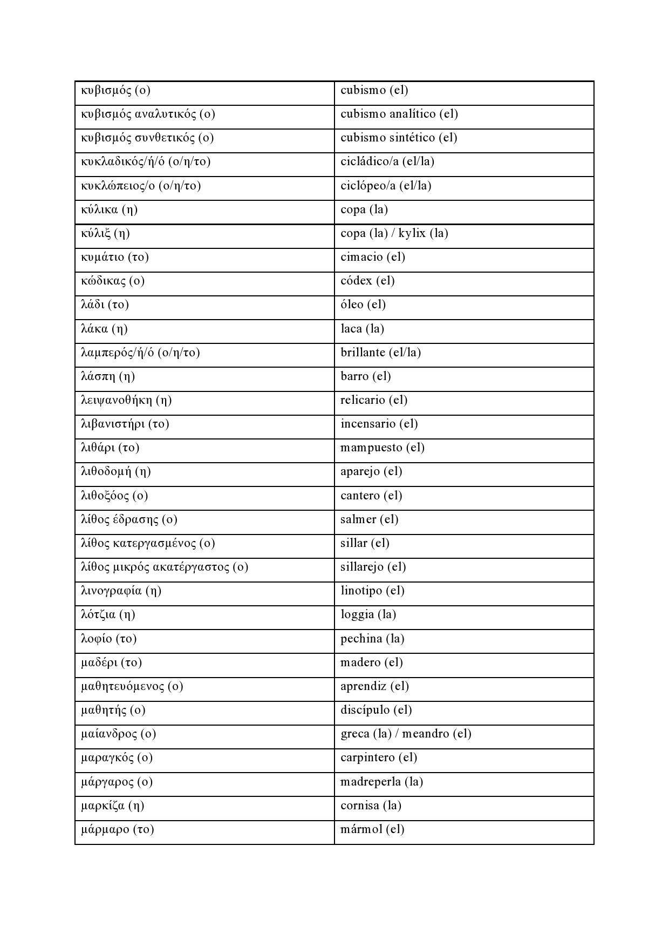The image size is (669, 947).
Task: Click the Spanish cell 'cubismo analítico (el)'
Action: pyautogui.click(x=399, y=114)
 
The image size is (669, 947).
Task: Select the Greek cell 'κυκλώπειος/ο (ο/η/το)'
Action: pyautogui.click(x=141, y=186)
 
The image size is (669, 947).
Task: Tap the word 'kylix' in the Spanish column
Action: pyautogui.click(x=412, y=233)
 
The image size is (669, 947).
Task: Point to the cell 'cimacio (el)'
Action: pyautogui.click(x=373, y=257)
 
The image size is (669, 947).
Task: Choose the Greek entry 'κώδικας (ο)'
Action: pyautogui.click(x=113, y=281)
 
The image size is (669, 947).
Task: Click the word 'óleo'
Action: pyautogui.click(x=352, y=305)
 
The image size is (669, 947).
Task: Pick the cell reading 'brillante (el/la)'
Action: pyautogui.click(x=381, y=353)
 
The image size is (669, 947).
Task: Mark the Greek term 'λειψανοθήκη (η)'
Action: pyautogui.click(x=126, y=400)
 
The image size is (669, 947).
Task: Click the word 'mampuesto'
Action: pyautogui.click(x=371, y=448)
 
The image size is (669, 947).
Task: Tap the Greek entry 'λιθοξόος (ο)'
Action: pyautogui.click(x=114, y=496)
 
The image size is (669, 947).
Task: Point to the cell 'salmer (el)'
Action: pyautogui.click(x=370, y=519)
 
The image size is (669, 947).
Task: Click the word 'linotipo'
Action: pyautogui.click(x=361, y=591)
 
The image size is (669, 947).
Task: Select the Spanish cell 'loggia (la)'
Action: pyautogui.click(x=368, y=614)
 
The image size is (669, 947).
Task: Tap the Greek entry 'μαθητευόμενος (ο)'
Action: pyautogui.click(x=132, y=686)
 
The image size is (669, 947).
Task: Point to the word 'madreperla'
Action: pyautogui.click(x=371, y=782)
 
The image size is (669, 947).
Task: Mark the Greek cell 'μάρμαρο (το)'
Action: pyautogui.click(x=118, y=829)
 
